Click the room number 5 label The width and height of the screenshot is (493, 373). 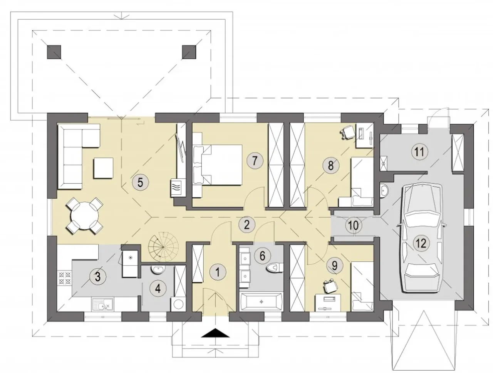140,182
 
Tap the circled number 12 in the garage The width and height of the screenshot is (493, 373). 421,243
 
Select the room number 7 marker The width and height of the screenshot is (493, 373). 255,161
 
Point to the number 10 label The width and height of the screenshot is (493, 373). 353,225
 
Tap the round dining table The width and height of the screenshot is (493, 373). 85,216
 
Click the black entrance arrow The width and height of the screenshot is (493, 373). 215,333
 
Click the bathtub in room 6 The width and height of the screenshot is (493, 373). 262,302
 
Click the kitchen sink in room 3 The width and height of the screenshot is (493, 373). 102,304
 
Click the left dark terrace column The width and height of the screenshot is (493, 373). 54,52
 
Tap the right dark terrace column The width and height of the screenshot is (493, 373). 189,52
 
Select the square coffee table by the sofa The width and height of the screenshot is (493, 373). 104,168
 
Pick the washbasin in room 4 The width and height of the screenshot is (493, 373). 158,269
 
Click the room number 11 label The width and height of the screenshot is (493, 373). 419,152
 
